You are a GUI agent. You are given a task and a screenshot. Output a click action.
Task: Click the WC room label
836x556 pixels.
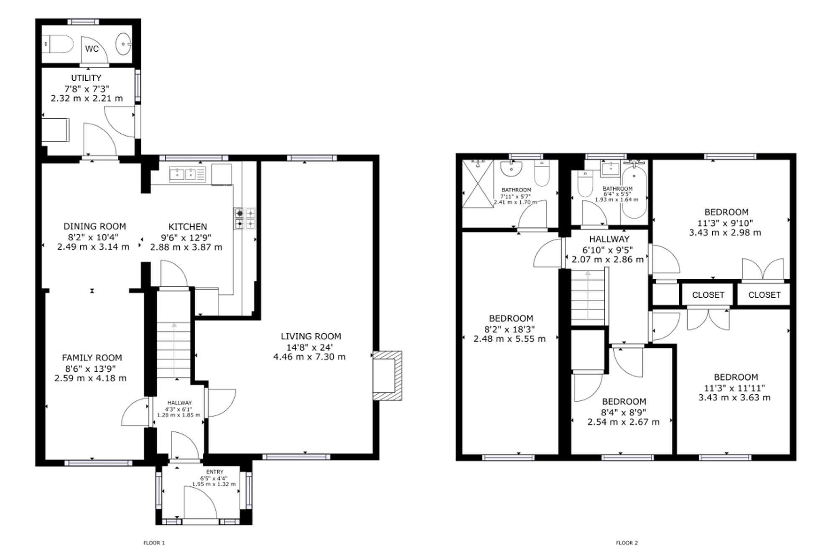pos(92,49)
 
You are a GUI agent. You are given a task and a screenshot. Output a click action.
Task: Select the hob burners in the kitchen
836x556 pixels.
pos(245,219)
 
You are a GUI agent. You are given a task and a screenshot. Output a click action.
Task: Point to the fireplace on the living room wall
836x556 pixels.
pos(387,376)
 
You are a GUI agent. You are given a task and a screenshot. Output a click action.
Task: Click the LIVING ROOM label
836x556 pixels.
pos(311,336)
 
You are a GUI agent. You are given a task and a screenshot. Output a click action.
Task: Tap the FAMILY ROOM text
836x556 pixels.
pos(92,358)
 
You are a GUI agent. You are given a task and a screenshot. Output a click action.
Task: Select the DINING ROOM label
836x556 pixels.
pos(94,227)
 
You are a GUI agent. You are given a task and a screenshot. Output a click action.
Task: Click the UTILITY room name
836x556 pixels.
pos(86,78)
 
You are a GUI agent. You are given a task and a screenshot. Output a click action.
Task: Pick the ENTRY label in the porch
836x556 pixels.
pos(214,472)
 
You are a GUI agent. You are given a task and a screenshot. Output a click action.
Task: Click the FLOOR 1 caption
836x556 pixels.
pos(154,543)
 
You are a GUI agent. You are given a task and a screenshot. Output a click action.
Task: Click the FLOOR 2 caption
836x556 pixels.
pos(627,543)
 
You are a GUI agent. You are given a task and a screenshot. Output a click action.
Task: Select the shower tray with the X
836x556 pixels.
pos(478,184)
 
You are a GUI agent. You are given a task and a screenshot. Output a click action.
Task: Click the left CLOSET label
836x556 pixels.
pos(708,295)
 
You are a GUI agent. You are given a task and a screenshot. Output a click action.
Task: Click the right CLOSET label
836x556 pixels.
pos(765,295)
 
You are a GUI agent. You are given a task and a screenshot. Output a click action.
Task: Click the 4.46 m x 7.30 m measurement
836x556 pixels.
pos(309,357)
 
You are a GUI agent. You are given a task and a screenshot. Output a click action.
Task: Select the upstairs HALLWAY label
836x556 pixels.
pos(609,240)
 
